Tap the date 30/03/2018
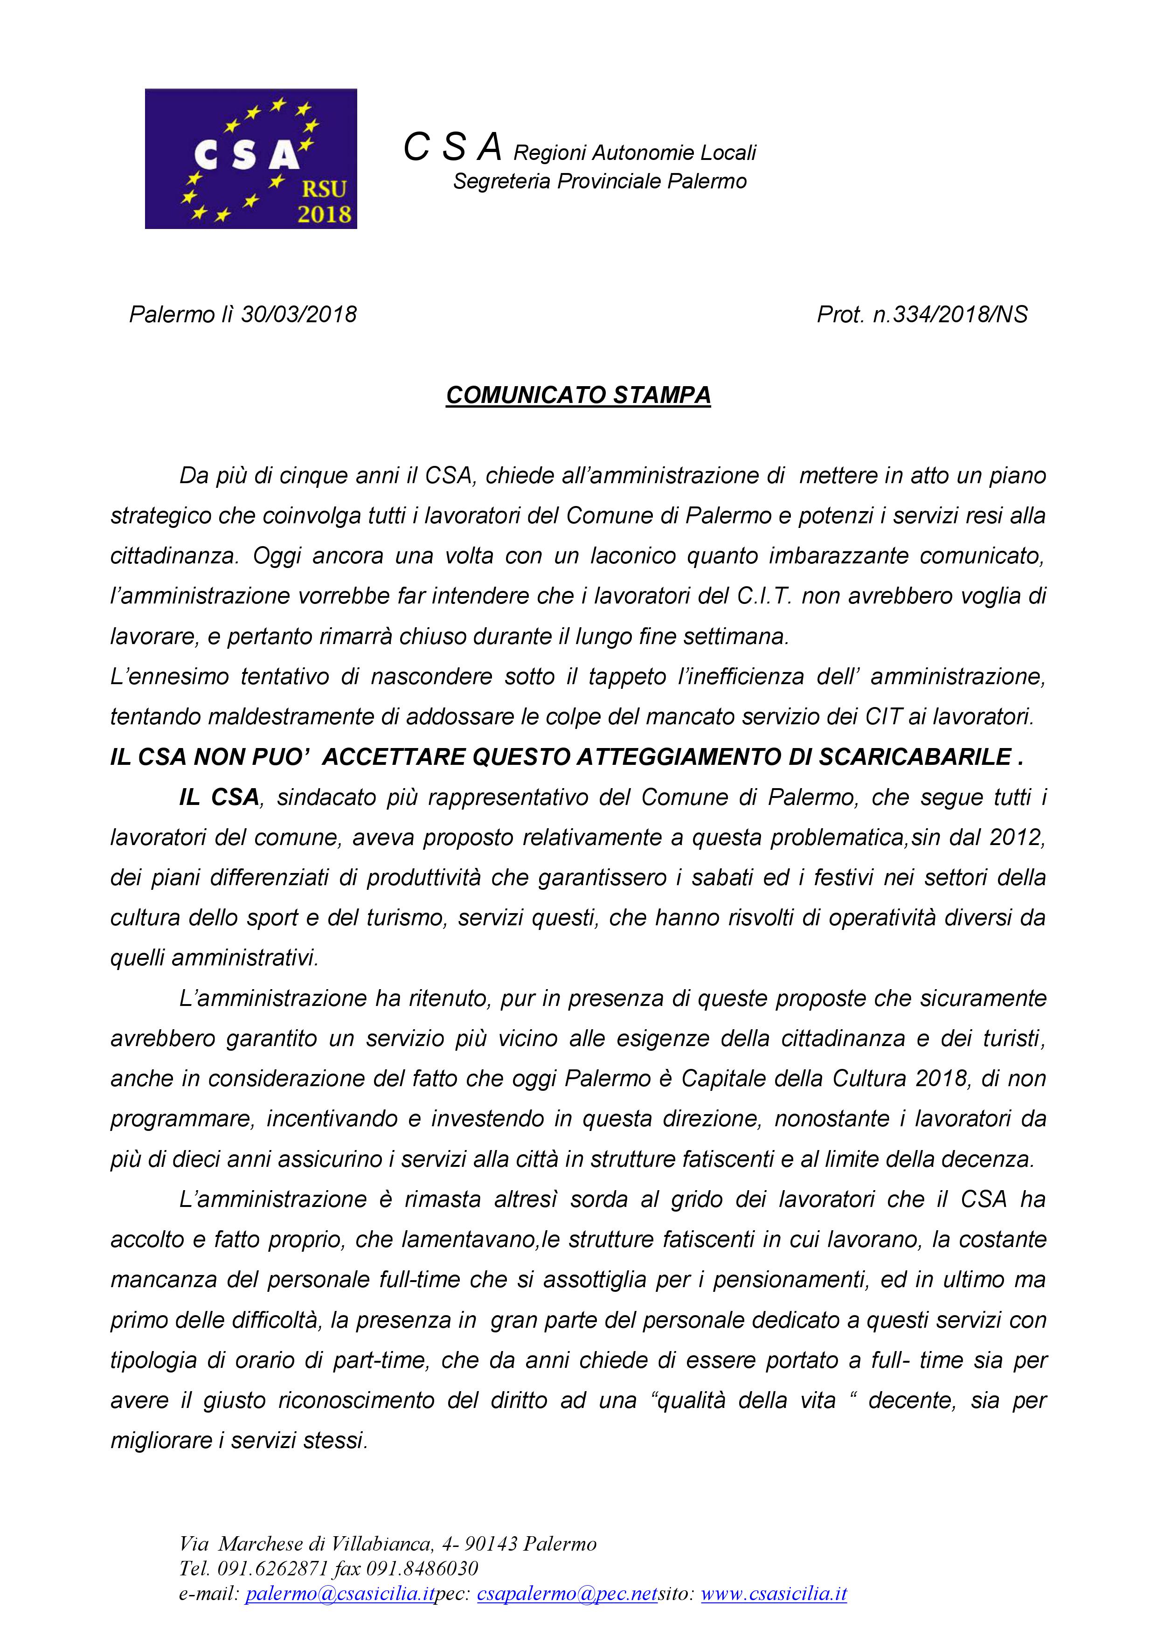tap(298, 314)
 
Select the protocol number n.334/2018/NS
tap(949, 314)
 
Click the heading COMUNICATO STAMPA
tap(578, 395)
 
